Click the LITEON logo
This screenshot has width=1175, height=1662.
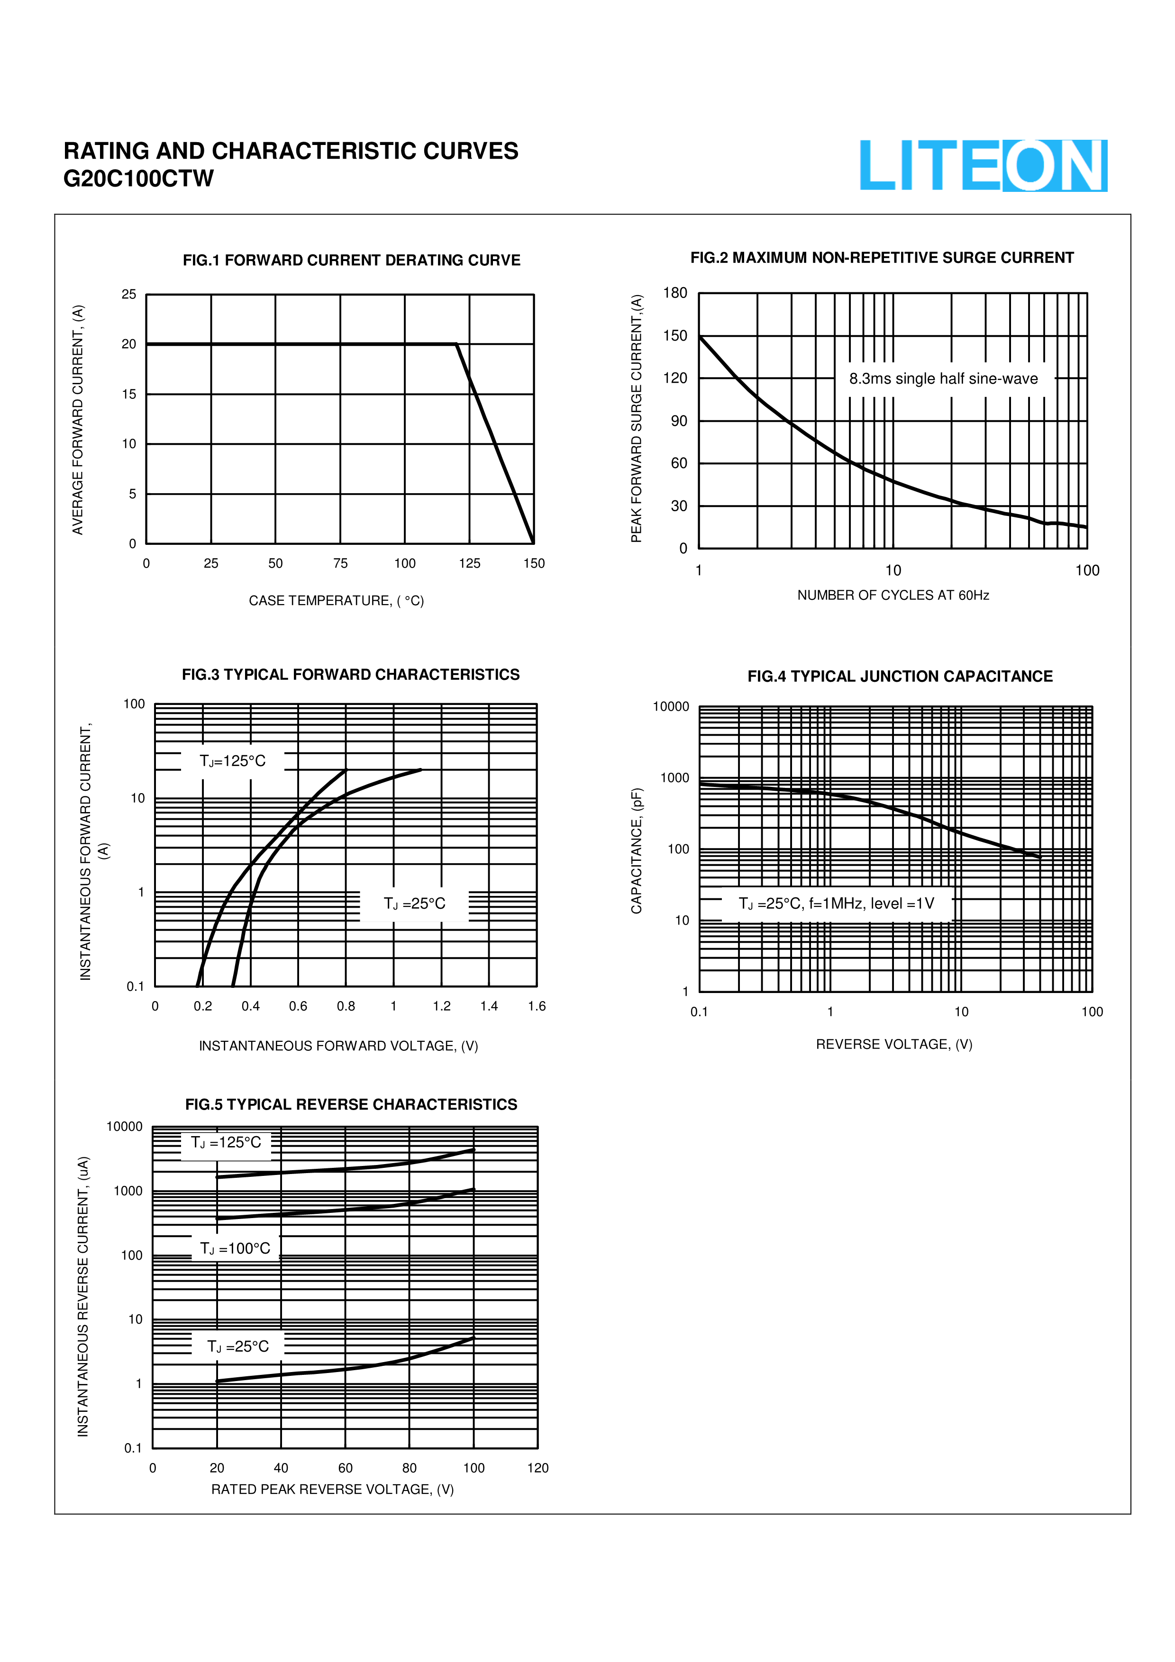point(983,166)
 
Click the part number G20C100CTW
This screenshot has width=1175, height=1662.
point(138,179)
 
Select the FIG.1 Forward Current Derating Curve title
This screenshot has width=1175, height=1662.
point(351,261)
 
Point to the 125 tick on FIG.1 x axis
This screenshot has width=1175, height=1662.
point(469,563)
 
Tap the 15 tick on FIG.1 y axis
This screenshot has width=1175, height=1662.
point(129,395)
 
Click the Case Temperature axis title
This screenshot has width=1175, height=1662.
point(336,601)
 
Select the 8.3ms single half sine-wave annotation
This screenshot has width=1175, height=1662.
point(943,379)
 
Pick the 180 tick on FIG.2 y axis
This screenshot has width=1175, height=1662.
point(675,293)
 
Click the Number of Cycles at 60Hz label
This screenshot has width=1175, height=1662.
point(893,595)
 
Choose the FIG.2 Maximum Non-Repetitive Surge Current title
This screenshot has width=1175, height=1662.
point(881,258)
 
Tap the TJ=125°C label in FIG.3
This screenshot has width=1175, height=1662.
point(232,761)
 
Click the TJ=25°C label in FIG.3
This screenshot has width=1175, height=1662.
point(414,903)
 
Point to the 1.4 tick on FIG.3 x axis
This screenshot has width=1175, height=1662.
point(489,1006)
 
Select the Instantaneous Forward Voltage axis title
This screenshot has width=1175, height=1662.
point(338,1046)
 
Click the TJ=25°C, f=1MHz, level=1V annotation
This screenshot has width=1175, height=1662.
point(836,903)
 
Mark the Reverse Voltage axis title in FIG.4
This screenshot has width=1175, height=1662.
point(893,1044)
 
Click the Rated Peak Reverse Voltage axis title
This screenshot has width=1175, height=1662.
point(332,1489)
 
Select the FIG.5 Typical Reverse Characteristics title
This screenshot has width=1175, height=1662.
point(351,1105)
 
